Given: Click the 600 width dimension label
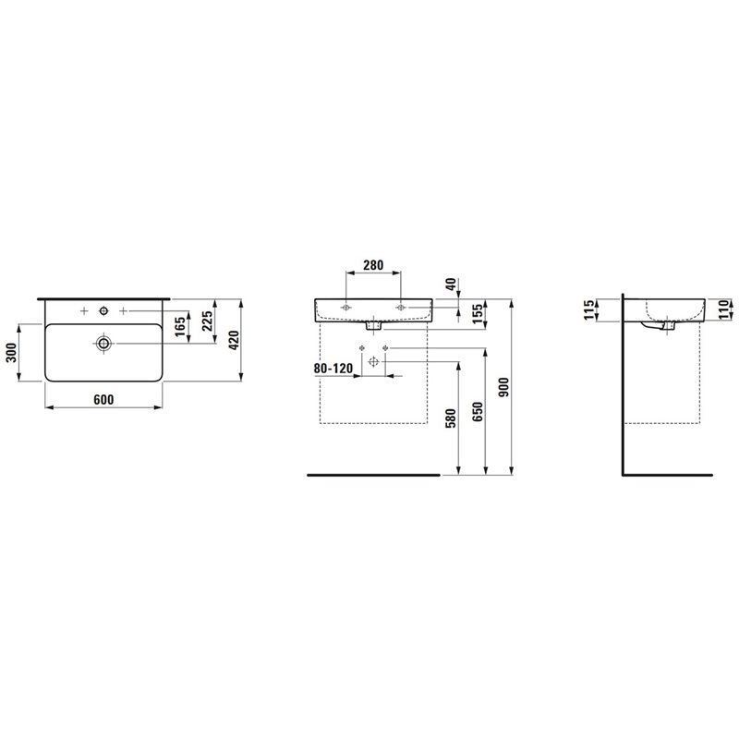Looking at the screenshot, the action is (103, 400).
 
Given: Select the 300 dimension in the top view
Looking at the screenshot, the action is (11, 353).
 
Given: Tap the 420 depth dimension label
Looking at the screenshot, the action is (234, 340).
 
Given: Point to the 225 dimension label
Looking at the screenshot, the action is (207, 321).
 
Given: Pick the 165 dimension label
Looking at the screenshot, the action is (180, 327).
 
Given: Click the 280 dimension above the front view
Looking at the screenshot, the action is (373, 265).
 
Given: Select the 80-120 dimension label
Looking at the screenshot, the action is (333, 368).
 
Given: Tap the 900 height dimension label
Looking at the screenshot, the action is (503, 387).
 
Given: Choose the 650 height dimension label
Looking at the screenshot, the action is (478, 412).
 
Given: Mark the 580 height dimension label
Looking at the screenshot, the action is (451, 419).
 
